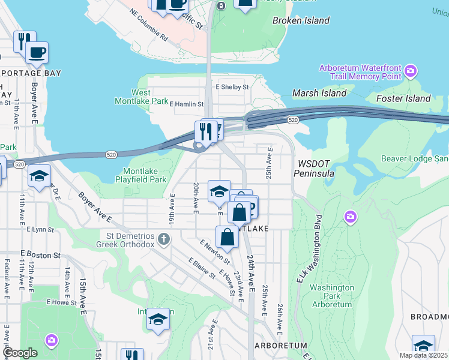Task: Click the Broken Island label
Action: point(301,20)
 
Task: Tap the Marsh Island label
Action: point(319,93)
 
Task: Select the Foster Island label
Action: point(403,98)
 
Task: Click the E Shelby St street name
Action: point(232,87)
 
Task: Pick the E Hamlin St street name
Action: point(187,104)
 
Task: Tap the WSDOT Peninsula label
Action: point(313,169)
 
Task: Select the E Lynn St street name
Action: point(40,229)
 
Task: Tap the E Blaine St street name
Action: point(202,269)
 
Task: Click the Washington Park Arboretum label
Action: point(331,296)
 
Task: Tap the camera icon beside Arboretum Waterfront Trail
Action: point(411,72)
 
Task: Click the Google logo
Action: point(20,353)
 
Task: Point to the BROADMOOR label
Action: point(429,316)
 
